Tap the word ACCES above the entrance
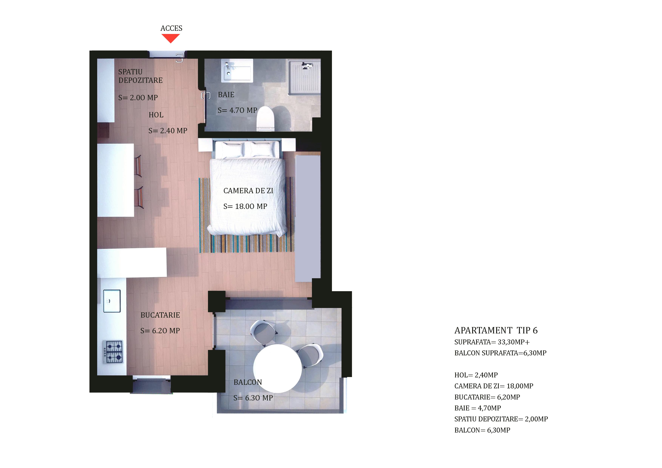(x=171, y=28)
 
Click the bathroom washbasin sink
(x=237, y=71)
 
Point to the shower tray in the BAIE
(x=304, y=77)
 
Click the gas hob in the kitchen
(x=114, y=352)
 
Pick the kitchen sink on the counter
(x=112, y=301)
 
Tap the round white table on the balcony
(x=277, y=368)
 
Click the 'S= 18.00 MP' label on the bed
(x=245, y=206)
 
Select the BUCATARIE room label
(x=160, y=315)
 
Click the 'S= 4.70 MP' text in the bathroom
(x=237, y=110)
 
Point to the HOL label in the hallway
(x=156, y=115)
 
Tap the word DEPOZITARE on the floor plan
(x=140, y=80)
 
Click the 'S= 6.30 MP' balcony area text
(x=253, y=398)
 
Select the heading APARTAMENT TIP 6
(x=496, y=330)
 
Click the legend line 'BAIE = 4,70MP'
(x=477, y=408)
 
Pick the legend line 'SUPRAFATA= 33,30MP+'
(x=492, y=342)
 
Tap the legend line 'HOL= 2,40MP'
(x=476, y=375)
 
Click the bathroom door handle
(x=206, y=95)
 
